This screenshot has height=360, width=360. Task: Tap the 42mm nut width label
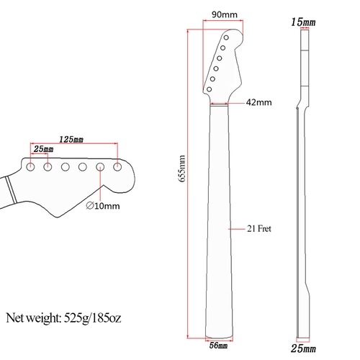[x=260, y=103]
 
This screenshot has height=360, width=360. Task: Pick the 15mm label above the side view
[x=303, y=24]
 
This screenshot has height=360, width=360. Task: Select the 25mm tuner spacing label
[x=42, y=150]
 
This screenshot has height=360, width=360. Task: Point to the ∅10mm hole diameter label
[x=103, y=207]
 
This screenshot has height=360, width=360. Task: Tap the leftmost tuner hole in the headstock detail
[x=31, y=166]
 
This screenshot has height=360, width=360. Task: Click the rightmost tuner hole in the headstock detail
[x=117, y=166]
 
